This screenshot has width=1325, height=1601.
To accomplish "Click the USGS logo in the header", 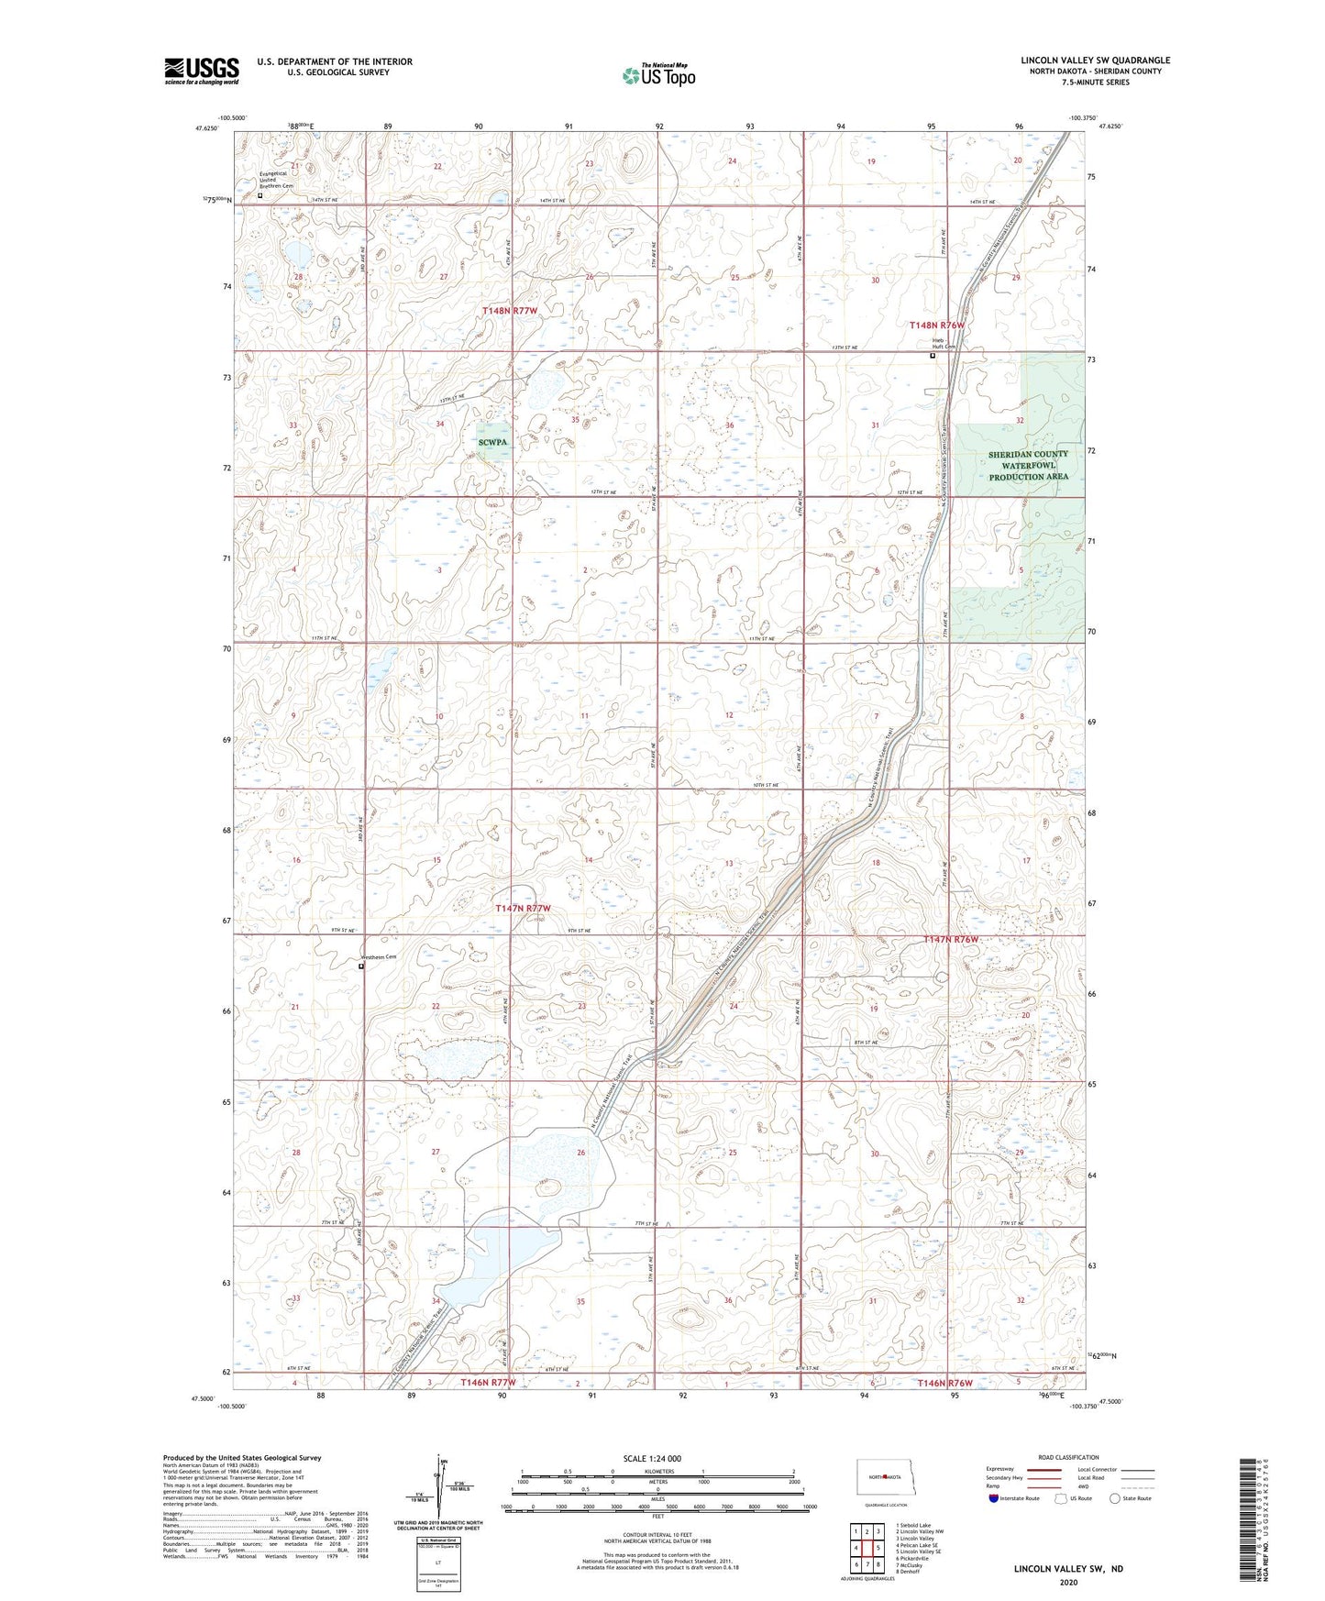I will [x=202, y=71].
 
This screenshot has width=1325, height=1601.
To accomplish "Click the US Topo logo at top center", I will [x=657, y=75].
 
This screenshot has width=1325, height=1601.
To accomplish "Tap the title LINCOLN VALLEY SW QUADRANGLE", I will [x=1095, y=61].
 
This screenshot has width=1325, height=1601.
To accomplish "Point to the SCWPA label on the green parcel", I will [x=492, y=442].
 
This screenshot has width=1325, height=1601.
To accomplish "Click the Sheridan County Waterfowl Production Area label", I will [x=1028, y=466].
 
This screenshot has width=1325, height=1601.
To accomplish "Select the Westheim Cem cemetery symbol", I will [x=361, y=966].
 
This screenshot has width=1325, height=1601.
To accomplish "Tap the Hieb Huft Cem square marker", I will [x=933, y=357].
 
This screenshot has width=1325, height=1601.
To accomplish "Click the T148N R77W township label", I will [x=510, y=311].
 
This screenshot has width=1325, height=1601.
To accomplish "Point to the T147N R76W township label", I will [x=951, y=940].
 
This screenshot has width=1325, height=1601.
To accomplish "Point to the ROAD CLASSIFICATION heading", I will [x=1068, y=1457].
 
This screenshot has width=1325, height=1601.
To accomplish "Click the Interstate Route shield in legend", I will [x=995, y=1498].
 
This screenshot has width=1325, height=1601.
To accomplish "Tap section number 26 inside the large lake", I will [x=580, y=1153].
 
